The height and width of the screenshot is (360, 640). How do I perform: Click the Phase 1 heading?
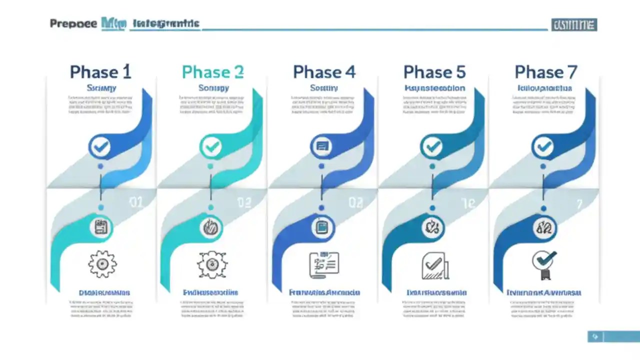(100, 72)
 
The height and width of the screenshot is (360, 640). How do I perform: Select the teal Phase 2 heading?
(212, 72)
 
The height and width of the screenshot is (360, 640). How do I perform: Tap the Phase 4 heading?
(324, 72)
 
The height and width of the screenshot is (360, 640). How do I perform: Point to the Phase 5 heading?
(434, 72)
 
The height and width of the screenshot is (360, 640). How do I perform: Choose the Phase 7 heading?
(545, 72)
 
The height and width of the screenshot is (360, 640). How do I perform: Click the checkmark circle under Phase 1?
(101, 146)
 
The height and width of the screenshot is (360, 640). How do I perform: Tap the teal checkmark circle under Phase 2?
(212, 146)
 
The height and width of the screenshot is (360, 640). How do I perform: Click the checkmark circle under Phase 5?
(432, 146)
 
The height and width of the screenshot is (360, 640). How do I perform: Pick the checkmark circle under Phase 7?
(543, 146)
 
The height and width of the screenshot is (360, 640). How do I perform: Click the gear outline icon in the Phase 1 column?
(102, 264)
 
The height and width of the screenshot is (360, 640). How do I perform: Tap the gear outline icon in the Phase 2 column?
(212, 264)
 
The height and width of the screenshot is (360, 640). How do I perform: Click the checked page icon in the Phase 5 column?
(434, 265)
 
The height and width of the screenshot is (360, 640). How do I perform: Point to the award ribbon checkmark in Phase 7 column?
(544, 264)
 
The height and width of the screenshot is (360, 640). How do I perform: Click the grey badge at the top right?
(574, 24)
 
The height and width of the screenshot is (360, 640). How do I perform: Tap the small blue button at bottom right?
(595, 336)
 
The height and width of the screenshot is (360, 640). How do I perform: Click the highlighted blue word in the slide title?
(113, 23)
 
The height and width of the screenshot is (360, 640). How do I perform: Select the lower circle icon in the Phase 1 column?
(101, 227)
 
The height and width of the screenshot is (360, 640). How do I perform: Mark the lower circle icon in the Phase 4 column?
(322, 227)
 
